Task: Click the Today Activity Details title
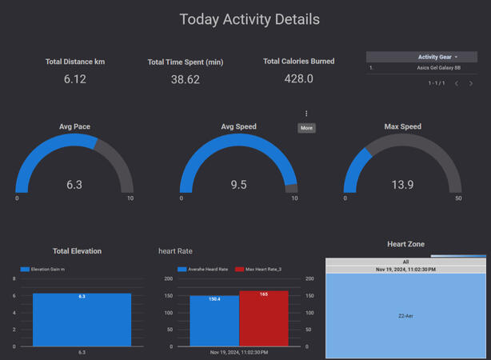[249, 19]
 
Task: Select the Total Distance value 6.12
[74, 79]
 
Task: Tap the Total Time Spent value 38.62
[186, 80]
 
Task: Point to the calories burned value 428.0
[299, 79]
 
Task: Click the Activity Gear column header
[434, 57]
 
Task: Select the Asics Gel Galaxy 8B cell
[438, 69]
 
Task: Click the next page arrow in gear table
[471, 83]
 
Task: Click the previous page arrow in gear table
[457, 83]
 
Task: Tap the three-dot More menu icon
[306, 114]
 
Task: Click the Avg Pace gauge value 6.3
[74, 185]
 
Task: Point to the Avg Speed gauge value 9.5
[238, 185]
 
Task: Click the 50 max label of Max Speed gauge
[458, 198]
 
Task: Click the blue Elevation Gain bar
[82, 320]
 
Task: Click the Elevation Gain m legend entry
[43, 270]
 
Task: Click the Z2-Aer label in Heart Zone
[405, 316]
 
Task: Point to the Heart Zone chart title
[405, 244]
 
